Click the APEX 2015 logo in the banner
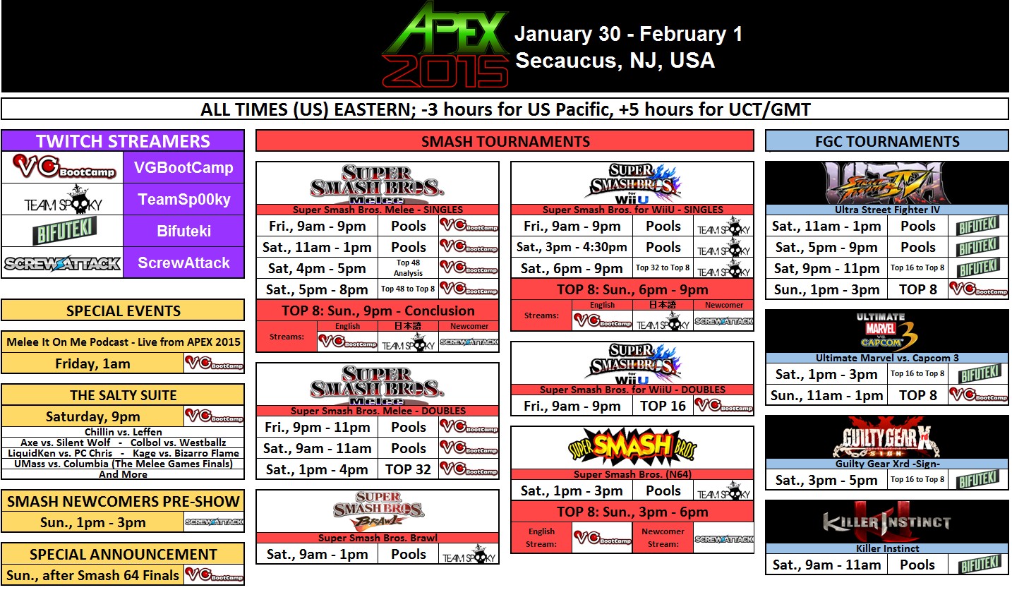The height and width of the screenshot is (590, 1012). pyautogui.click(x=445, y=45)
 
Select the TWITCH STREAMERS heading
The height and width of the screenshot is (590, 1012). pyautogui.click(x=123, y=141)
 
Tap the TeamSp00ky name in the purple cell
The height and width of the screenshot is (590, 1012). pyautogui.click(x=184, y=199)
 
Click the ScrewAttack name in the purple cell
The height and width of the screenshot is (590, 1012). pyautogui.click(x=184, y=263)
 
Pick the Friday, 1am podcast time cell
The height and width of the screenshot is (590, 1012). pyautogui.click(x=92, y=363)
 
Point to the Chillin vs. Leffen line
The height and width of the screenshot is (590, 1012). pyautogui.click(x=123, y=432)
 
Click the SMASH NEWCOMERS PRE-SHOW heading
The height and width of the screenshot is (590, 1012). pyautogui.click(x=123, y=502)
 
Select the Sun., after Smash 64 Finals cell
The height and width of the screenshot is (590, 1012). pyautogui.click(x=92, y=575)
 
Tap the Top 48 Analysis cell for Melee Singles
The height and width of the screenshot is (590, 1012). pyautogui.click(x=409, y=268)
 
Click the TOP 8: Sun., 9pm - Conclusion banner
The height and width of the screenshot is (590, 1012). pyautogui.click(x=378, y=311)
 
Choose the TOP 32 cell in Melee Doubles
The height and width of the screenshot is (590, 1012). pyautogui.click(x=409, y=469)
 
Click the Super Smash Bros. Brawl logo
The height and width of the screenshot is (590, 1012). pyautogui.click(x=378, y=511)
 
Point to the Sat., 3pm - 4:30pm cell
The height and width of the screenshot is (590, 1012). pyautogui.click(x=572, y=247)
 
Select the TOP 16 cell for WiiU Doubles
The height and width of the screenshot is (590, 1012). pyautogui.click(x=663, y=406)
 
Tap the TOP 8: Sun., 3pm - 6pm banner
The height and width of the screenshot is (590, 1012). pyautogui.click(x=632, y=512)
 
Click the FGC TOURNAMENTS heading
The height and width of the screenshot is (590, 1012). pyautogui.click(x=887, y=141)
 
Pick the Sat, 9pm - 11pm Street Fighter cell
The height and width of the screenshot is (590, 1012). pyautogui.click(x=827, y=268)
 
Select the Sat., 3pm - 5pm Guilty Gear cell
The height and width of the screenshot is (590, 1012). pyautogui.click(x=827, y=480)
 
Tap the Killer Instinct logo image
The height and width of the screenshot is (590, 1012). pyautogui.click(x=887, y=522)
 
